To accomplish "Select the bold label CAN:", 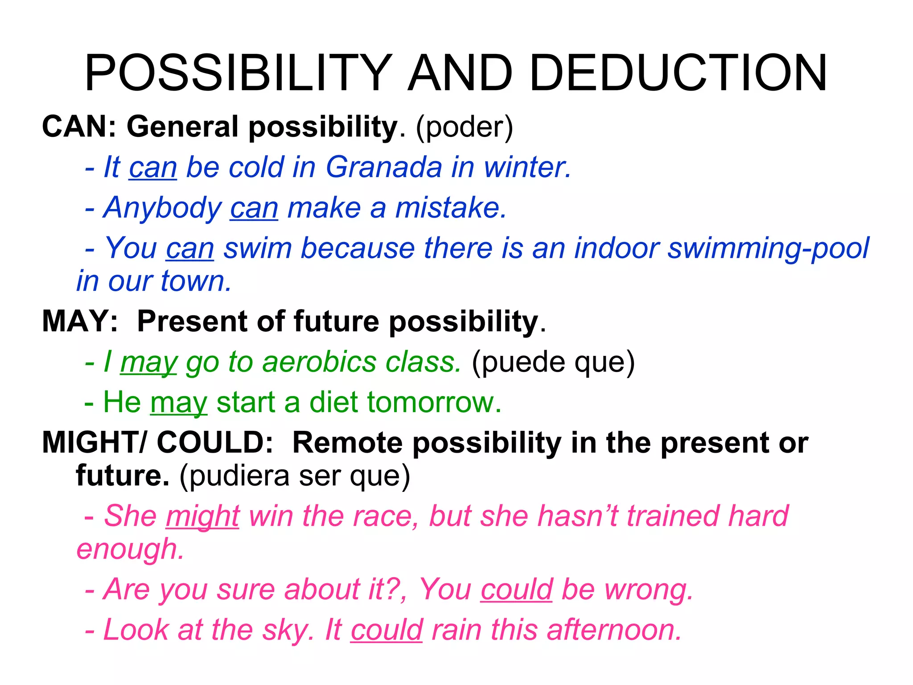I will pos(79,127).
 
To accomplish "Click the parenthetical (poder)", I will pos(465,128).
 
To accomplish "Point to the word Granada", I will pos(384,167).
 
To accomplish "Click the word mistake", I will pos(451,208).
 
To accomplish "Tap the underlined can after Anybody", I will pos(254,208).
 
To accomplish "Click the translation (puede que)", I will pos(553,362).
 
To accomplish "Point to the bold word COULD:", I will pos(215,443).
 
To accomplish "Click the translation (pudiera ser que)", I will pos(295,476).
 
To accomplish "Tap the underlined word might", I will pos(203,516).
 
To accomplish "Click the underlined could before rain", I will pos(386,630).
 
